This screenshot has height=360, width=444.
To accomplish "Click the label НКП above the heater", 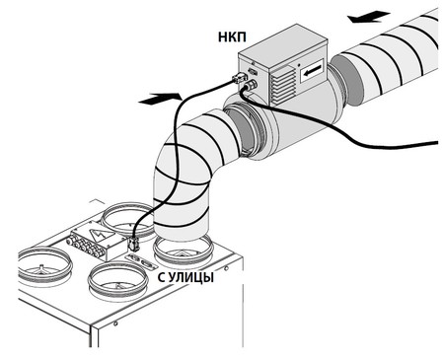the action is click(232, 37).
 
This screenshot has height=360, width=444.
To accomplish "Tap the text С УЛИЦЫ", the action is click(185, 277).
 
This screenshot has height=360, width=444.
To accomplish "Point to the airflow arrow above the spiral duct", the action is click(369, 17).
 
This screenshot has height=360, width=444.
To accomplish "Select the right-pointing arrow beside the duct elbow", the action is click(160, 99).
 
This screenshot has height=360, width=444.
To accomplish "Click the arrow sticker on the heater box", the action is click(312, 70).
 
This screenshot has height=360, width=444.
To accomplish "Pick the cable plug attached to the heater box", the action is click(239, 79).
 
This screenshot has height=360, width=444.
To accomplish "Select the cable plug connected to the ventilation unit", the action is click(133, 245).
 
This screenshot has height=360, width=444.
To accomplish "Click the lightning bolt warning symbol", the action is click(100, 233).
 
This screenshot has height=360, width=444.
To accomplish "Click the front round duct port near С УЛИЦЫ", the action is click(117, 281).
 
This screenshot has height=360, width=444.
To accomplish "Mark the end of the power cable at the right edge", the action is click(437, 143).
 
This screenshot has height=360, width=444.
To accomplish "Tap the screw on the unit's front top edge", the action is click(115, 324).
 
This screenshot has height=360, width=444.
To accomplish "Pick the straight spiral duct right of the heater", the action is click(388, 56).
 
